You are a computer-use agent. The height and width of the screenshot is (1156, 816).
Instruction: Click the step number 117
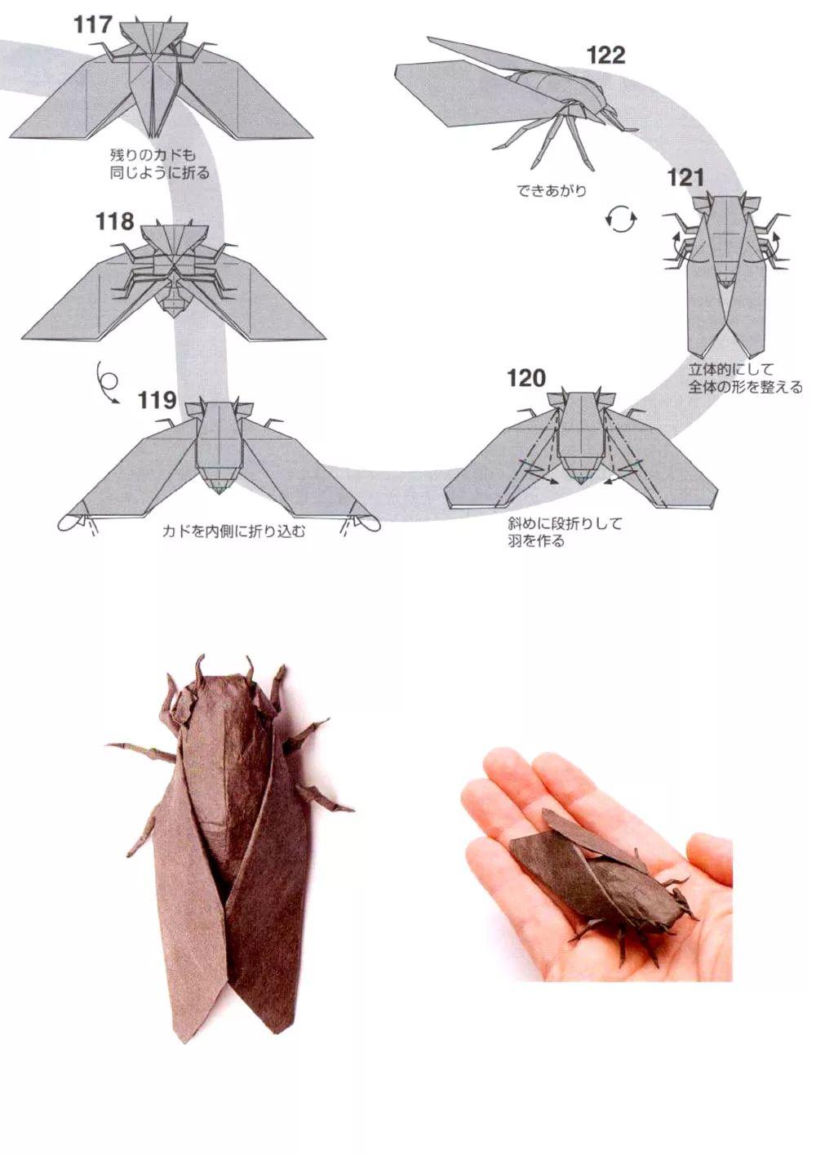[x=92, y=24]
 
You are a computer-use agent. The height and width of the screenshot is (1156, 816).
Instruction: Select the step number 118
[x=114, y=221]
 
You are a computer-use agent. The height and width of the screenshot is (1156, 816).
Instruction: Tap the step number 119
[x=157, y=400]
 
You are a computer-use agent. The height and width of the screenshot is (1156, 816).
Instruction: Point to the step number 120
[x=526, y=378]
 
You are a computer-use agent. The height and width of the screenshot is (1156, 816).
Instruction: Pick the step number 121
[x=685, y=177]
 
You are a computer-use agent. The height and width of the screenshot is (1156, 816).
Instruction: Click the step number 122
[x=605, y=55]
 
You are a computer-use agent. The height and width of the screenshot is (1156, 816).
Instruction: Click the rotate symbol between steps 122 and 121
[x=622, y=219]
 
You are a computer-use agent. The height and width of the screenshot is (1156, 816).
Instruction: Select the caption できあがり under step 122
[x=551, y=191]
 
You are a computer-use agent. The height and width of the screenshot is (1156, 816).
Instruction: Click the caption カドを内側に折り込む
[x=233, y=532]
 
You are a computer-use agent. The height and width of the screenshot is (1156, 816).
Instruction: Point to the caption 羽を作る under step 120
[x=534, y=541]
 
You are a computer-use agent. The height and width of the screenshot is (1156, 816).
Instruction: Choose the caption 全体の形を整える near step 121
[x=745, y=387]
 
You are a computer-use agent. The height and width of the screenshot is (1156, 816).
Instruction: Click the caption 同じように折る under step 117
[x=159, y=172]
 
